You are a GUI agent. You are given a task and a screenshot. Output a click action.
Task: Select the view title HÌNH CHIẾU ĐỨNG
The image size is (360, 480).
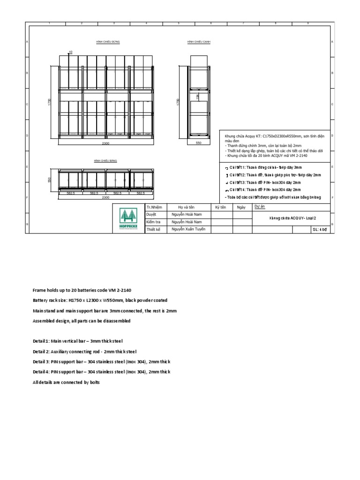click(108, 42)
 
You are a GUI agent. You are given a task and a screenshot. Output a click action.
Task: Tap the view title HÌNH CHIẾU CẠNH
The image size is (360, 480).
click(199, 42)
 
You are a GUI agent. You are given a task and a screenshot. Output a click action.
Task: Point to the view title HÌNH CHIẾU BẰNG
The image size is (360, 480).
click(105, 160)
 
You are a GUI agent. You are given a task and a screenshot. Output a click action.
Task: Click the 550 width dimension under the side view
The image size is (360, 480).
click(198, 142)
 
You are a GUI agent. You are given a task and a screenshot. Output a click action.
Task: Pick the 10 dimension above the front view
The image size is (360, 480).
click(71, 52)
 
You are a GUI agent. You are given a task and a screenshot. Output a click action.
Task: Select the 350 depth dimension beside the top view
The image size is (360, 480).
click(49, 180)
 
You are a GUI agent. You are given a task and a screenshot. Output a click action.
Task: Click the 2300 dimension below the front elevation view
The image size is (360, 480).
click(106, 142)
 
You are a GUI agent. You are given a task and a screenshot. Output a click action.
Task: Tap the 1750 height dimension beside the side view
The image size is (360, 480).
click(177, 102)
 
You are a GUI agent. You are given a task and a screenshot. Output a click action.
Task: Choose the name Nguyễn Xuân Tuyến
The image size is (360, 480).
click(188, 229)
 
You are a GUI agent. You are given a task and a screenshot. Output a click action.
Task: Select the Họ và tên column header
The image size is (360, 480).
click(186, 207)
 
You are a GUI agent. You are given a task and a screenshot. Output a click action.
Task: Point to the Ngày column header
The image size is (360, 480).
click(241, 207)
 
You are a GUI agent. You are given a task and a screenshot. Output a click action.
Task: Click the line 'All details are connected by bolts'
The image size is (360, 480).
click(66, 382)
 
